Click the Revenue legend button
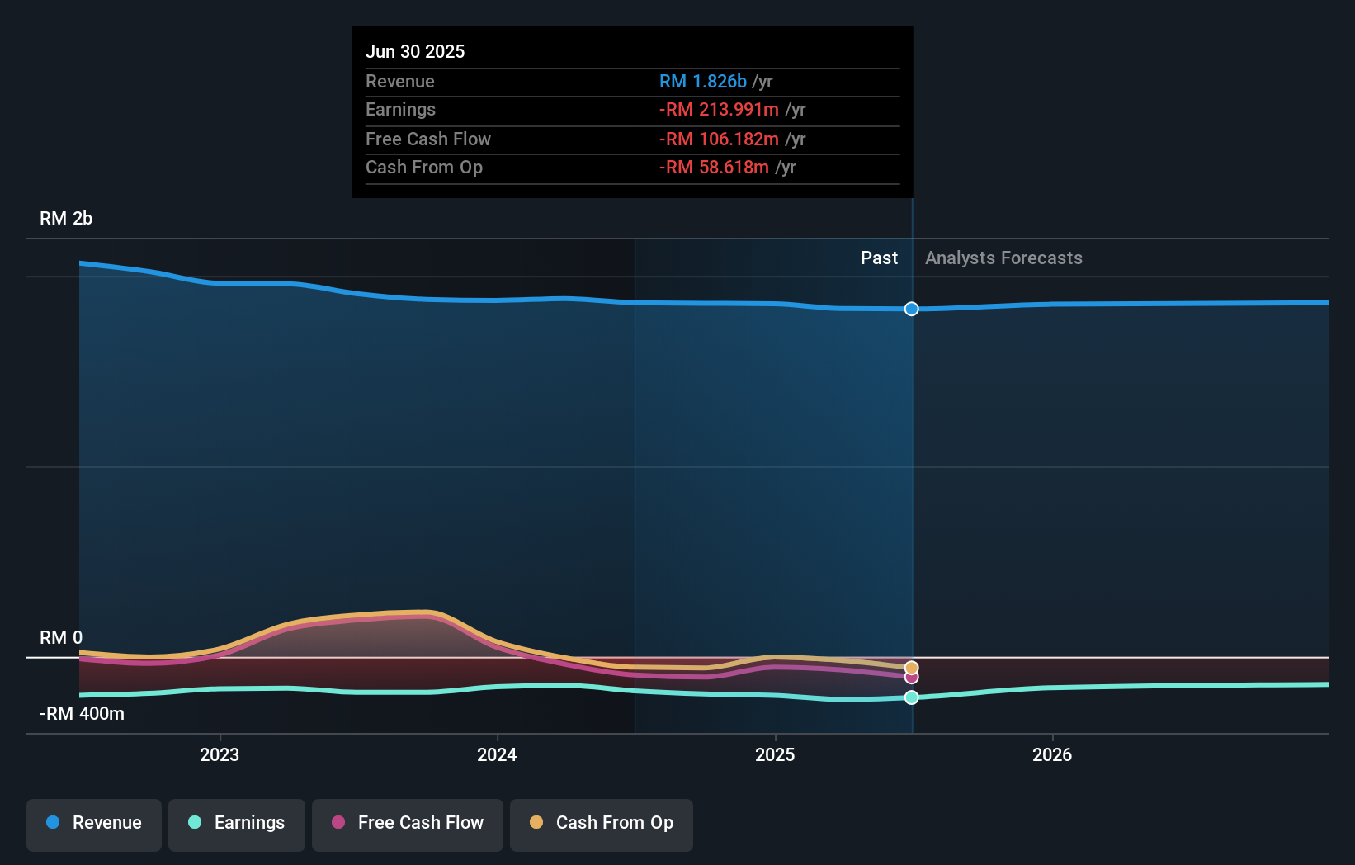point(94,823)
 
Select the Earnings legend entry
point(237,823)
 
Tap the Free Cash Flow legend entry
point(408,823)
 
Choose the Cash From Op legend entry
point(602,823)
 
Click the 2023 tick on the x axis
point(220,754)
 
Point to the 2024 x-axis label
point(497,754)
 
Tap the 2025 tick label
point(775,754)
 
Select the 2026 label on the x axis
point(1052,754)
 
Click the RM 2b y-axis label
point(66,219)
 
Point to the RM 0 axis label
point(61,638)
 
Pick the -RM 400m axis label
point(82,714)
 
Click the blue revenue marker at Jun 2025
point(911,309)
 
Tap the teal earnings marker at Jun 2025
point(911,697)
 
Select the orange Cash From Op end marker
point(911,668)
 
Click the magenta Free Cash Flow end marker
point(911,678)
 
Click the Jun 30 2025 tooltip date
point(415,51)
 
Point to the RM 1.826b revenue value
point(702,82)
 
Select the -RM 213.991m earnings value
point(719,110)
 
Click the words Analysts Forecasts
point(1003,258)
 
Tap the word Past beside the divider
point(879,258)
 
